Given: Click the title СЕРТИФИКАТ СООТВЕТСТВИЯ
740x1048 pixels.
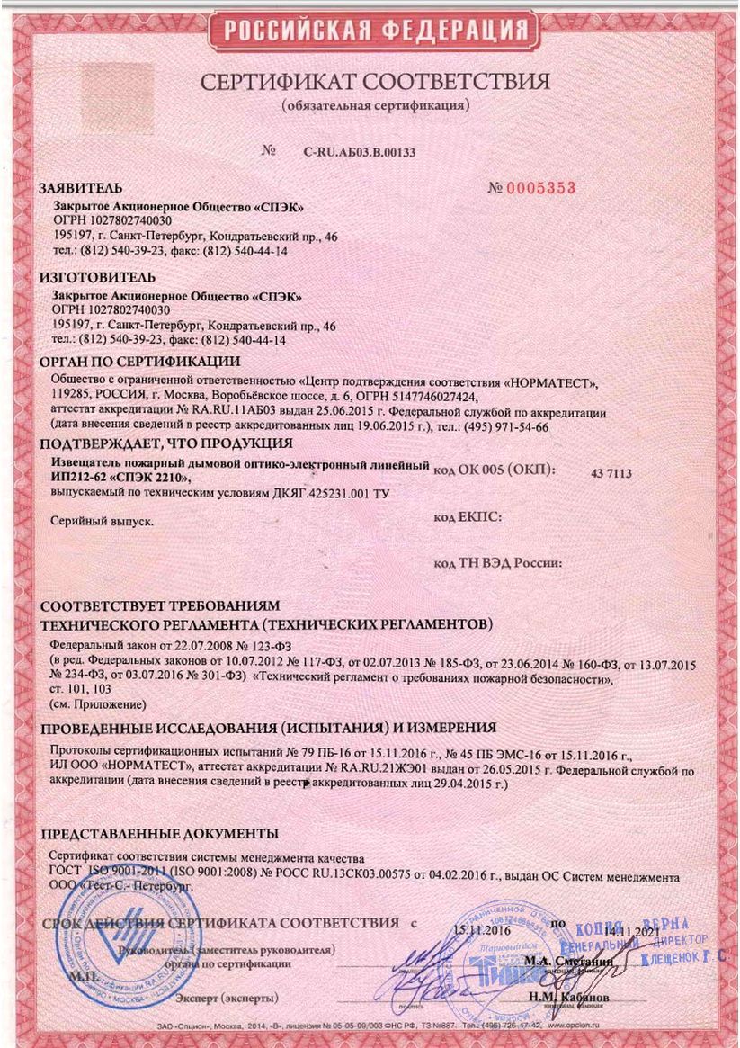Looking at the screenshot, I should click(374, 83).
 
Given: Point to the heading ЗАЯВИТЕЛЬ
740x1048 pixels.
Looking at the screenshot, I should click(79, 190).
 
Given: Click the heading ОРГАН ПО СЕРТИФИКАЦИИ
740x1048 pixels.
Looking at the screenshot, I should click(140, 363).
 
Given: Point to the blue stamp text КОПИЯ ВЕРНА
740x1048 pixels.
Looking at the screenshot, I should click(646, 927).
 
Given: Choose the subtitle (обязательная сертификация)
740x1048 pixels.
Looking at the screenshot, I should click(374, 106).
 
